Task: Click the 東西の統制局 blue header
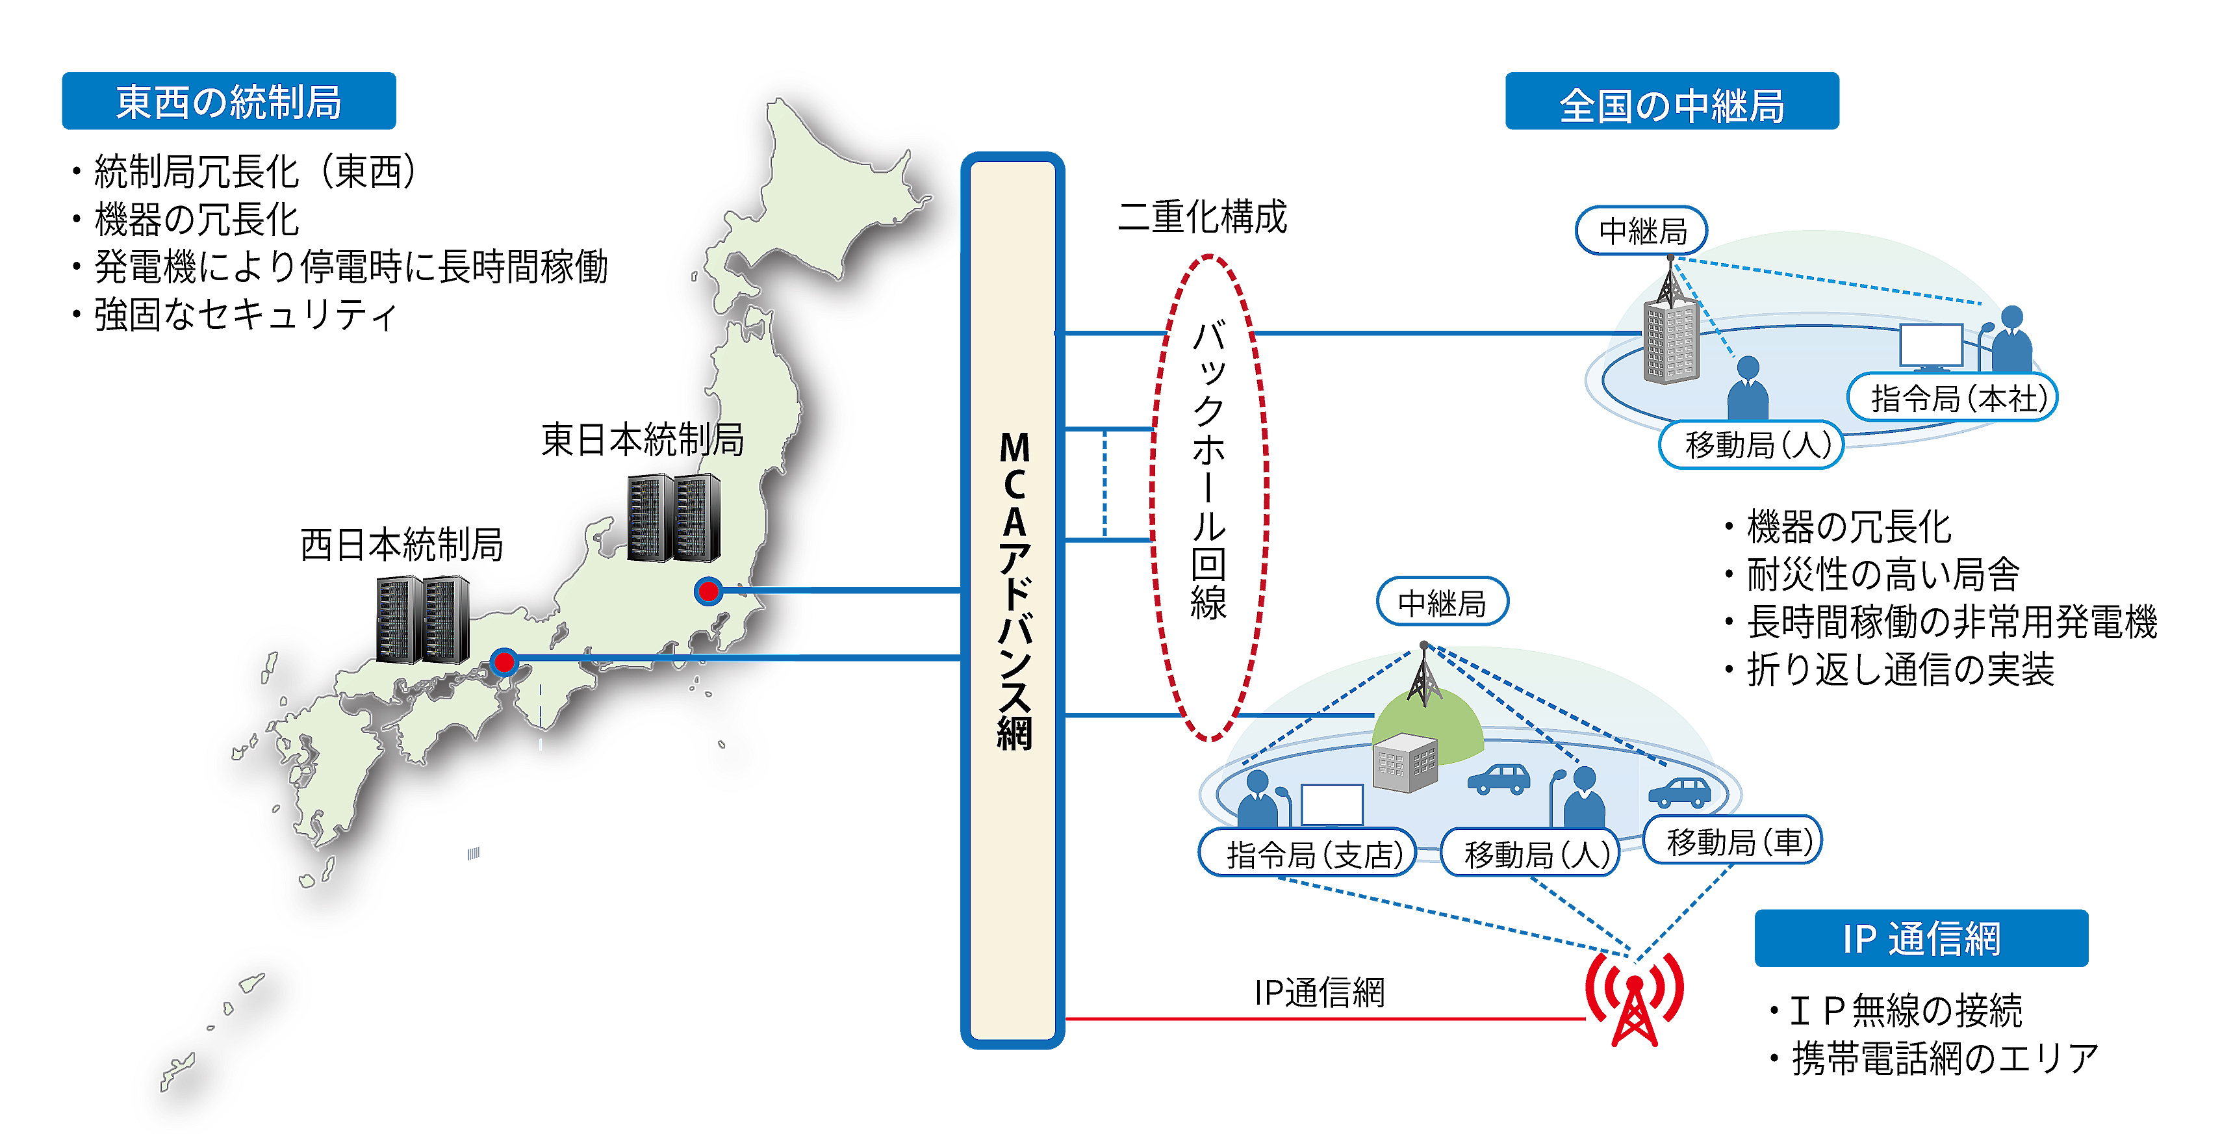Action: pos(229,101)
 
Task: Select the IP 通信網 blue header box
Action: pos(1921,938)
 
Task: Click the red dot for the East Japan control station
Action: pos(709,591)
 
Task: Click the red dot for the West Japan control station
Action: pos(504,662)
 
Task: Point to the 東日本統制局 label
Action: pos(643,439)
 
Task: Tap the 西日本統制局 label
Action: pos(402,545)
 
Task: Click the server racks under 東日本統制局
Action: pos(674,517)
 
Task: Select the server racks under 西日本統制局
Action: pos(423,620)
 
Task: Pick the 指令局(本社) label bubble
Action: pos(1952,398)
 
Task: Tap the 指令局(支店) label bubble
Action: pos(1307,853)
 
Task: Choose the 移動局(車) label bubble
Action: pos(1733,840)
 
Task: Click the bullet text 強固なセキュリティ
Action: pos(246,314)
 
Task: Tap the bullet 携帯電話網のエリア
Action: pos(1945,1058)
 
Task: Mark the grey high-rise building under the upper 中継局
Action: pos(1671,342)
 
